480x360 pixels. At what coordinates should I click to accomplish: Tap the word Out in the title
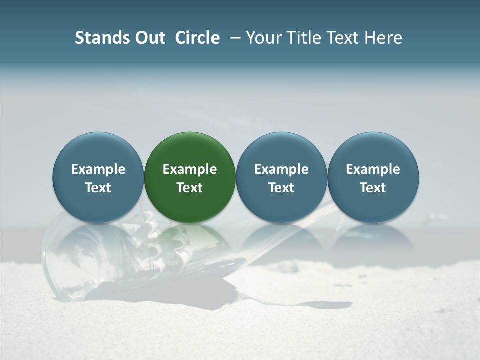coord(149,38)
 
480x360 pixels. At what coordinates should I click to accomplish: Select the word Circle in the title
coord(197,38)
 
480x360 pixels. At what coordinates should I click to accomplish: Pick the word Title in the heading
coord(304,38)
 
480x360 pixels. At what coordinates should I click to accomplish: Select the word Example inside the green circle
coord(190,169)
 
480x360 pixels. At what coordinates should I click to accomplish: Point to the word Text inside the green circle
coord(190,188)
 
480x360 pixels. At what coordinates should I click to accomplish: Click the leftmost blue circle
coord(98,150)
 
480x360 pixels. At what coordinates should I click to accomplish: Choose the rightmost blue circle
coord(373,150)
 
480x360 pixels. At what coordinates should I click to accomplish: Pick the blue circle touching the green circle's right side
coord(281,150)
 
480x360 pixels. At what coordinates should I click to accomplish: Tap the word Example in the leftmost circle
coord(98,169)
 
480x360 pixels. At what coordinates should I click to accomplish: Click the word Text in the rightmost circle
coord(373,188)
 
